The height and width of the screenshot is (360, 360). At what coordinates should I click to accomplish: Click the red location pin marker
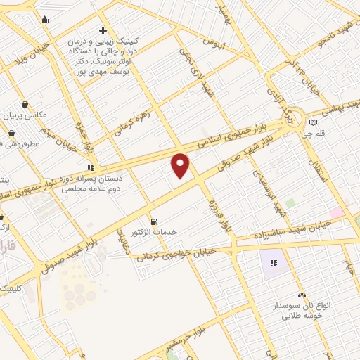pyautogui.click(x=181, y=165)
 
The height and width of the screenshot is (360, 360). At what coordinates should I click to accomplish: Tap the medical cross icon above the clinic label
pyautogui.click(x=103, y=31)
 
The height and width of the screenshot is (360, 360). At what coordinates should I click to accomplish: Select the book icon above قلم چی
pyautogui.click(x=313, y=122)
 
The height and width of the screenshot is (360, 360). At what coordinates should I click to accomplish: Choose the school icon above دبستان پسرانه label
pyautogui.click(x=90, y=168)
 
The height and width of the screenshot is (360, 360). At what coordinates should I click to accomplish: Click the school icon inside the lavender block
pyautogui.click(x=274, y=263)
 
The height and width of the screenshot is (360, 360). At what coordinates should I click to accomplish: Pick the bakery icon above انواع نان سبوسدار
pyautogui.click(x=302, y=296)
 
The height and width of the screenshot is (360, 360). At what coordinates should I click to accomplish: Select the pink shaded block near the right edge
pyautogui.click(x=337, y=212)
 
